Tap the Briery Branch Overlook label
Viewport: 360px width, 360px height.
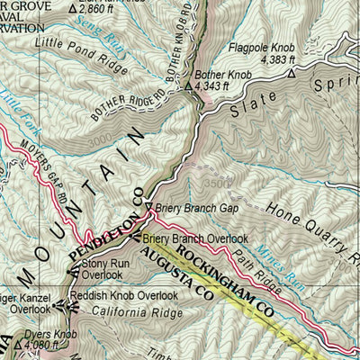coord(195,238)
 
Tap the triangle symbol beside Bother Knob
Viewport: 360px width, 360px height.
coord(188,87)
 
